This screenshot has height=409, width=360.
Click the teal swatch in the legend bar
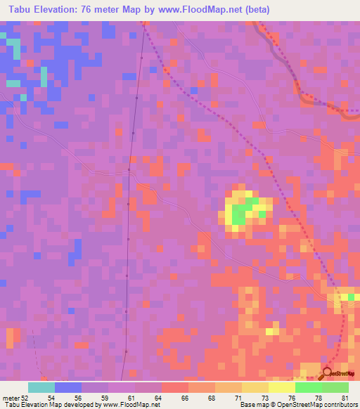pyautogui.click(x=41, y=387)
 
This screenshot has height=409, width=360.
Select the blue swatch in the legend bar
pyautogui.click(x=68, y=387)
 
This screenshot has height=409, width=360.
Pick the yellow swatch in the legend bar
pyautogui.click(x=282, y=387)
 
